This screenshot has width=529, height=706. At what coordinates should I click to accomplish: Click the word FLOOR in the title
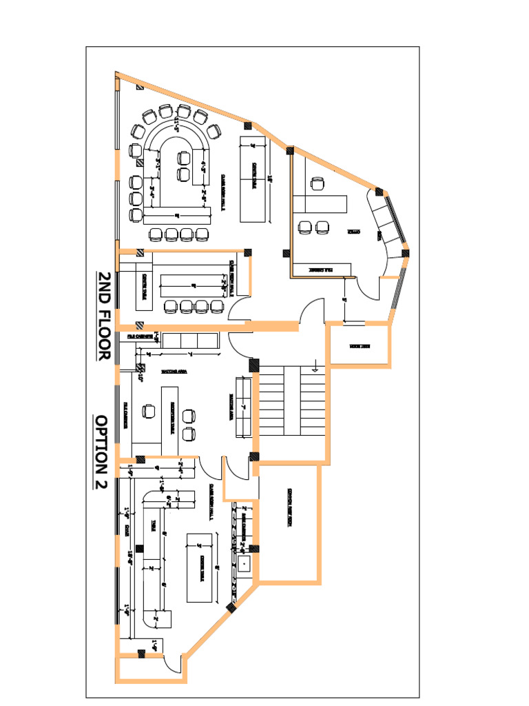tap(103, 330)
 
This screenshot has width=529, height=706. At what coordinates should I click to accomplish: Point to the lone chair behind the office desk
tap(318, 183)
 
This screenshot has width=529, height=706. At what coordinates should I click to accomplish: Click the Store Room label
tap(360, 345)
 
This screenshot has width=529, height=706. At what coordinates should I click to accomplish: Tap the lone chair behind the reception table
tap(148, 412)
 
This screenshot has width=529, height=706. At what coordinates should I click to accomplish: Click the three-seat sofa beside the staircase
tap(242, 407)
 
